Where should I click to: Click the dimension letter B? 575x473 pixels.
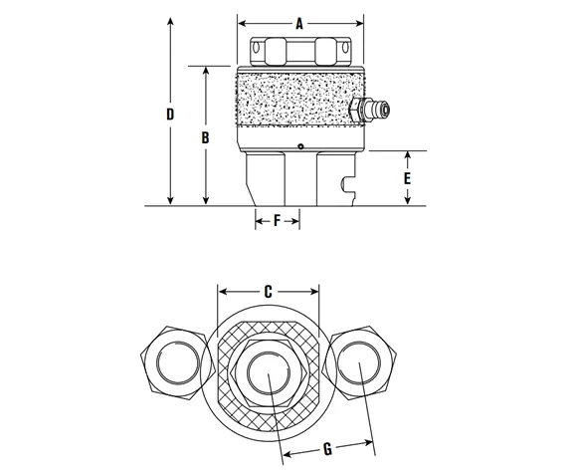(205, 138)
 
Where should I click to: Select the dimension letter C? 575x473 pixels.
(269, 292)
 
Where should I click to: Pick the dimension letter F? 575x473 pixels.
(278, 221)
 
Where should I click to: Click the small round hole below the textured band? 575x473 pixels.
(300, 148)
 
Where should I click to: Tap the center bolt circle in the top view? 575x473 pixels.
(269, 369)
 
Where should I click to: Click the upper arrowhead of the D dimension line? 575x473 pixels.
(171, 20)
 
